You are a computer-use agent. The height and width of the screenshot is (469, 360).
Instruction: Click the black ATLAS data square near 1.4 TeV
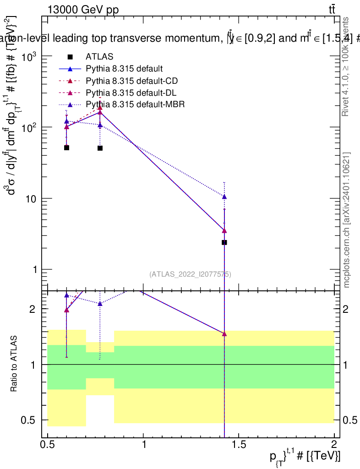coord(224,242)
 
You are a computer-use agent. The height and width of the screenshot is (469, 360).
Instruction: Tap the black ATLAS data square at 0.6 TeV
coord(66,147)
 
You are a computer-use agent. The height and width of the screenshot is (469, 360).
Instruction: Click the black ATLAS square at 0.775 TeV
coord(100,148)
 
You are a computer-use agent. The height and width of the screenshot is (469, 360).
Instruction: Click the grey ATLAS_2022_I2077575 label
coord(190,274)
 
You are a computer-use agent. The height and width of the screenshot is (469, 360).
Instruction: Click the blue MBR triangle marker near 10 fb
coord(224,197)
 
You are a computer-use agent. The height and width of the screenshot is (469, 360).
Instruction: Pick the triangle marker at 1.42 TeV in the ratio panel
coord(224,334)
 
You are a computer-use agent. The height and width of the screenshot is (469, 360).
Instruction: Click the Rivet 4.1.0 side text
coord(347,66)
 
